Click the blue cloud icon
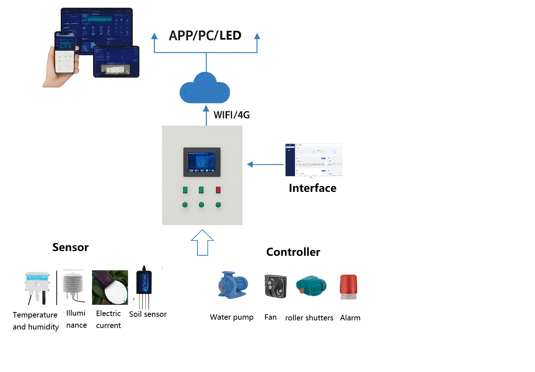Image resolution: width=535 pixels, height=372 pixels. (x=204, y=89)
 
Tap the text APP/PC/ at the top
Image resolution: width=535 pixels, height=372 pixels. (x=193, y=36)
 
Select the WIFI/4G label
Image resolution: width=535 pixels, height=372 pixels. (x=232, y=115)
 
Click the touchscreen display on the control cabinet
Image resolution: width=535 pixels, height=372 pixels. (x=202, y=162)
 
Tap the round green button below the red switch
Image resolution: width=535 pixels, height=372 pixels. (x=218, y=205)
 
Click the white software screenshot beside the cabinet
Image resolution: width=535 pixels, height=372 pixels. (x=314, y=160)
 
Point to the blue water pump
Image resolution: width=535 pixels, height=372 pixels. (x=233, y=284)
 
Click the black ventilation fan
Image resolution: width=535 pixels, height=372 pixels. (x=275, y=286)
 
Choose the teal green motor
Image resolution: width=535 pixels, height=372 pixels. (x=311, y=285)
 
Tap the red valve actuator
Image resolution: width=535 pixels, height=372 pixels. (x=348, y=286)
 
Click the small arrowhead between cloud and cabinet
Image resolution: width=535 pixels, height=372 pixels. (x=206, y=108)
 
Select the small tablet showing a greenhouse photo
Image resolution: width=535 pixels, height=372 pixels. (x=116, y=62)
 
